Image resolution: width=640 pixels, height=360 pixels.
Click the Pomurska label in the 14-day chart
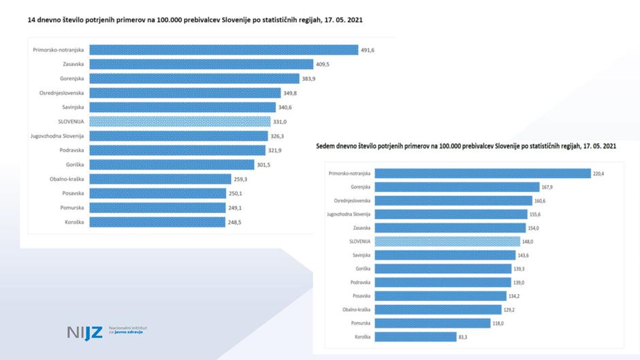[70, 208]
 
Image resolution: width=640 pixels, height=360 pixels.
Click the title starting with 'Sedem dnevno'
[466, 146]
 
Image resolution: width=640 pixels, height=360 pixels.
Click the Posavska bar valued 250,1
[157, 193]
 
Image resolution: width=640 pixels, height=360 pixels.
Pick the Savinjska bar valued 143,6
[445, 255]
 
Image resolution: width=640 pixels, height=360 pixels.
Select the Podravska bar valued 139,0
[443, 282]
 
